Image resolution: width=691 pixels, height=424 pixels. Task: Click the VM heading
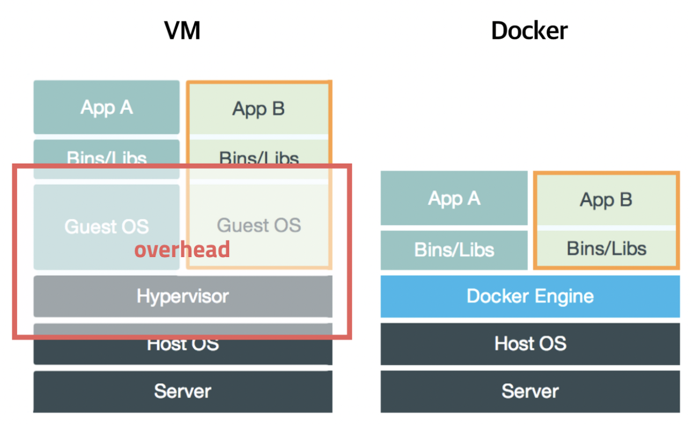[182, 31]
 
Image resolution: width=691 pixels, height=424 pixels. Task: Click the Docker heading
[529, 31]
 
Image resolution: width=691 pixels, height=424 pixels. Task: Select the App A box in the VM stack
[106, 107]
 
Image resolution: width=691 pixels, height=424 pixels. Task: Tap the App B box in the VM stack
[259, 108]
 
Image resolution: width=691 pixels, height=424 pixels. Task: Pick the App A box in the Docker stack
[454, 199]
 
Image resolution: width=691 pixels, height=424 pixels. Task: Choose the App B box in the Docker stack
[606, 200]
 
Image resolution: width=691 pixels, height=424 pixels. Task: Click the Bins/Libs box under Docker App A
[454, 250]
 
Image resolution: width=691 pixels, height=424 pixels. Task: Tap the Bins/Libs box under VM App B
[259, 157]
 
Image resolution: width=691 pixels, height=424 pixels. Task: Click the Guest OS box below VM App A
[106, 226]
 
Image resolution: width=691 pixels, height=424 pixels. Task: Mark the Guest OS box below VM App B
[259, 225]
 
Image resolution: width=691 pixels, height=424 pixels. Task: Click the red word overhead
[182, 250]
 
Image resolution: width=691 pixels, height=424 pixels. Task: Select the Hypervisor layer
[182, 296]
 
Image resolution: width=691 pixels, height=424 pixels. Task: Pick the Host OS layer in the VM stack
[182, 345]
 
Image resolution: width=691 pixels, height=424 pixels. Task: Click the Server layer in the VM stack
[182, 391]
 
